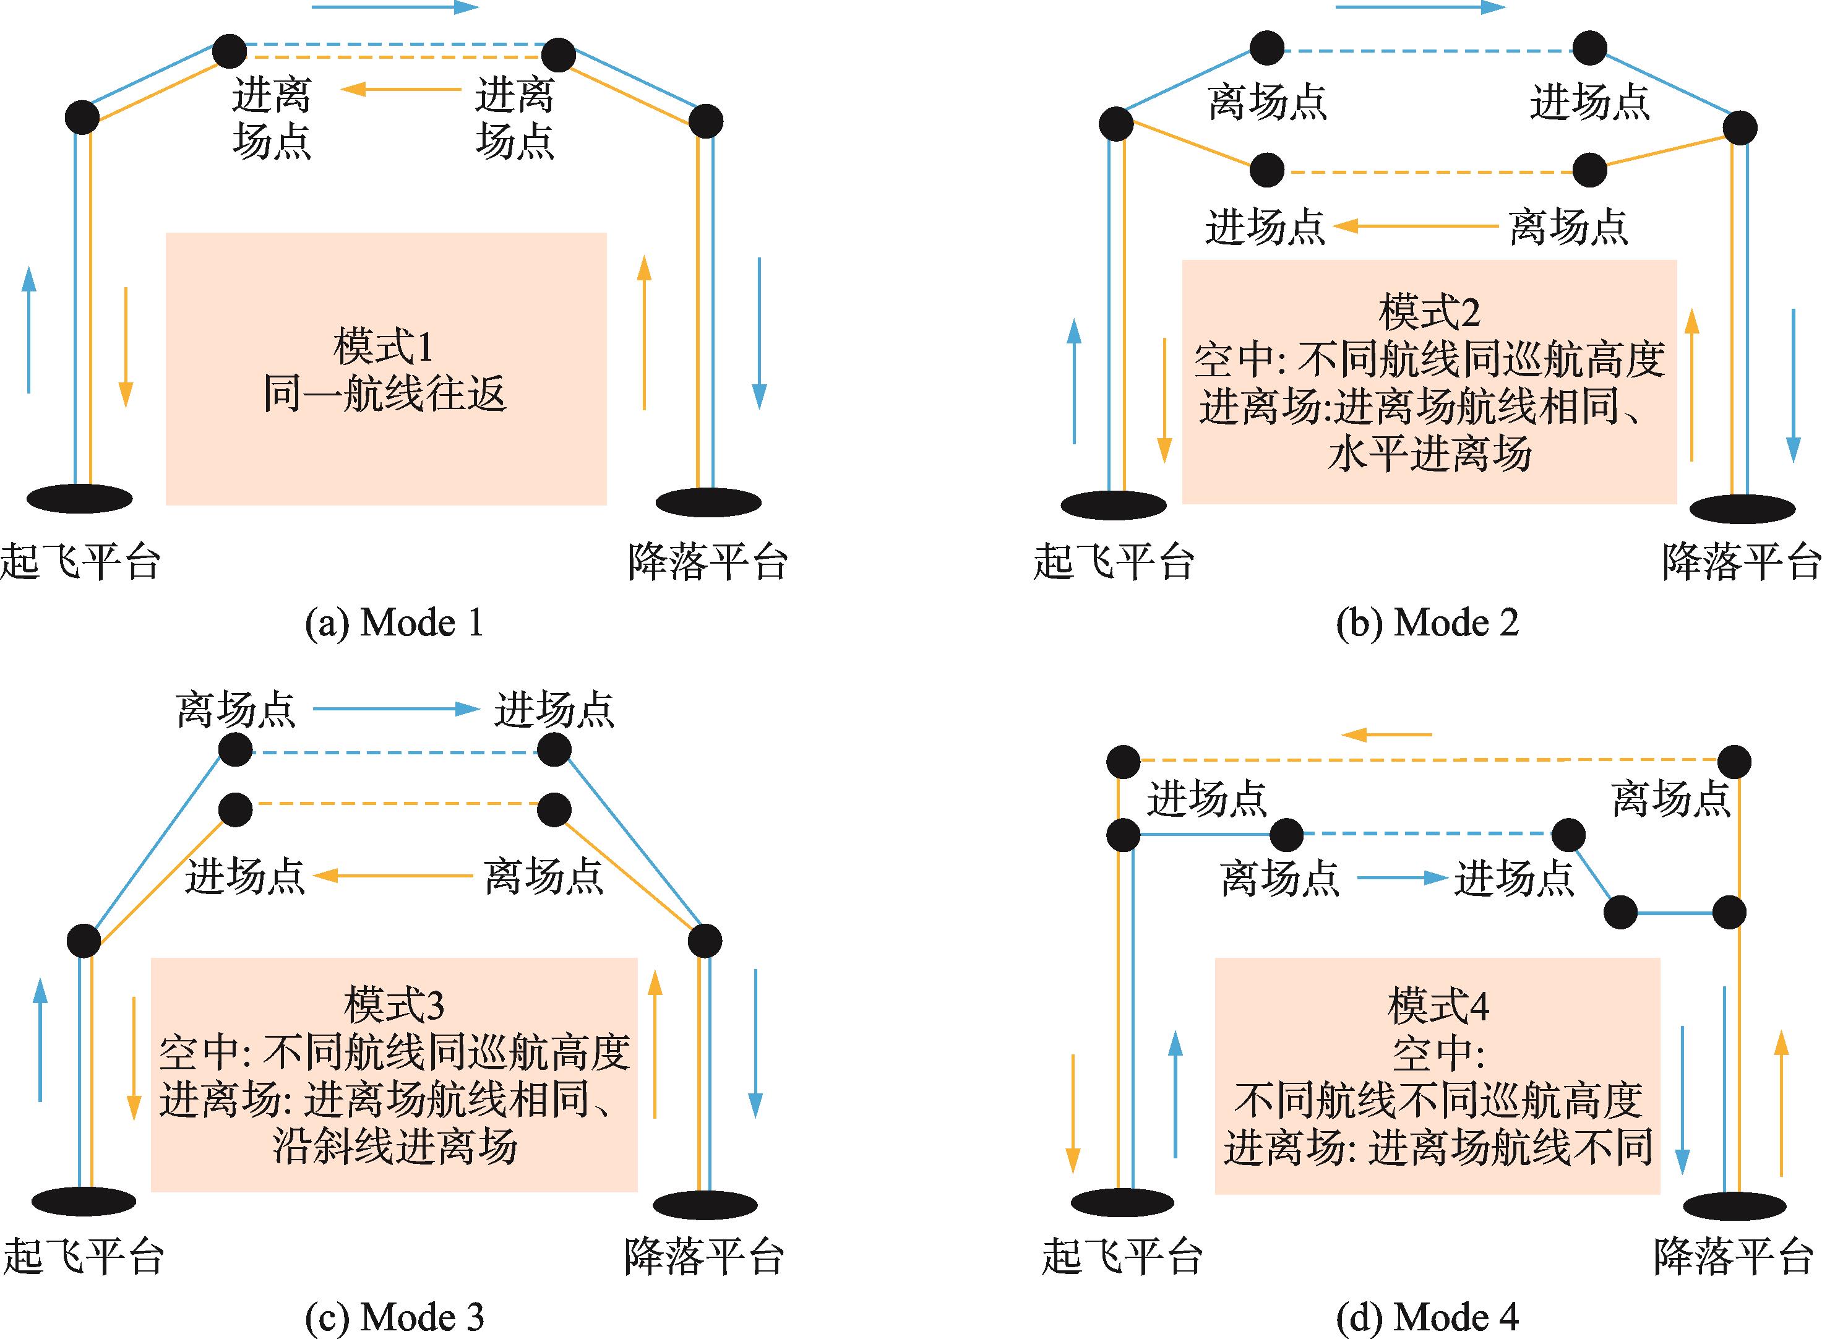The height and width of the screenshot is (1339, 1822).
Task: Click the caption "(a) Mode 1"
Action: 394,623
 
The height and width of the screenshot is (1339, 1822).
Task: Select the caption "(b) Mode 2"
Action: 1427,623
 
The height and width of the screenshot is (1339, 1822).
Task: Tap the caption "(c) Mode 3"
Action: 394,1317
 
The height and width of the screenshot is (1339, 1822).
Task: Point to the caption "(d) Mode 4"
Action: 1427,1317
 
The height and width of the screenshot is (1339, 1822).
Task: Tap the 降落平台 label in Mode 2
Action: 1741,561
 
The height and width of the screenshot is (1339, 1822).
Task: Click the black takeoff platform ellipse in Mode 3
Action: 83,1201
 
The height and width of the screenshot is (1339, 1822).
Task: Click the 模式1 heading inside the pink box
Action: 384,347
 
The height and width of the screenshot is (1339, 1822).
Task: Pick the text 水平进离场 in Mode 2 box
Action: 1430,453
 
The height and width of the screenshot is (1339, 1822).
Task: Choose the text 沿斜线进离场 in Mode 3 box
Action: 395,1146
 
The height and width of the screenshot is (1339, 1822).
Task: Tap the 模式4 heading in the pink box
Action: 1438,1006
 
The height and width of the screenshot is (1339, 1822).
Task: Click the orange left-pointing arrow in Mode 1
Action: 400,88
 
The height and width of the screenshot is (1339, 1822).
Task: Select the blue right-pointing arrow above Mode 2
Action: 1420,7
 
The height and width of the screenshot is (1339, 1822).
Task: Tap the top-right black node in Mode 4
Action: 1735,762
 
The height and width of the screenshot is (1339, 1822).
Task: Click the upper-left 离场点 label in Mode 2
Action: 1267,102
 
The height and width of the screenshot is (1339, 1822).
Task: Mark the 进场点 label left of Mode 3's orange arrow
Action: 245,876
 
